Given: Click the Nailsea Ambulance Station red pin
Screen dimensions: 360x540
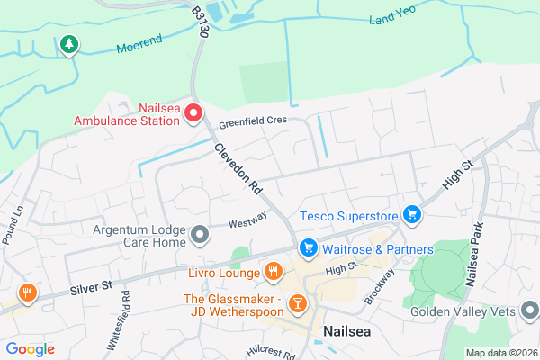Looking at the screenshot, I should pos(191,118).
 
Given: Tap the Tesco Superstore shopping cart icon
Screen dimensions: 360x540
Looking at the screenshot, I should pos(412,214).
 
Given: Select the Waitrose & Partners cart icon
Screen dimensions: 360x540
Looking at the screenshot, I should pos(308,246).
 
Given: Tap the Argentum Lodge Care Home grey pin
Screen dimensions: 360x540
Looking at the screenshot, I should pos(200,236).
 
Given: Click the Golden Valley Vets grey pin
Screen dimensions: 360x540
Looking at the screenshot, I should pos(531,312).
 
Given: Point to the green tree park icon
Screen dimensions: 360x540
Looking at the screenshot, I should pos(68,44).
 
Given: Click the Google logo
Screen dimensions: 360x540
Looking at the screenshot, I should pos(30,348).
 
